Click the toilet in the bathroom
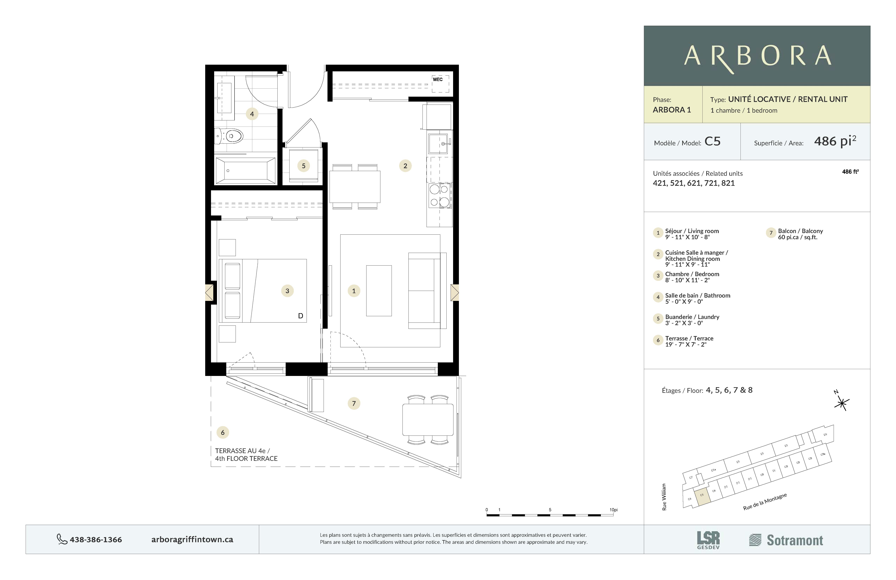coord(230,136)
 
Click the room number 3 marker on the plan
coord(287,291)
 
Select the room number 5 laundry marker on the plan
coord(303,166)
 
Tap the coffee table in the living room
coord(379,291)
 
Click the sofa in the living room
coord(425,291)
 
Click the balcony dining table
coord(428,420)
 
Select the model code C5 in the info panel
coord(712,142)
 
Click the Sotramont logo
coord(786,540)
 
